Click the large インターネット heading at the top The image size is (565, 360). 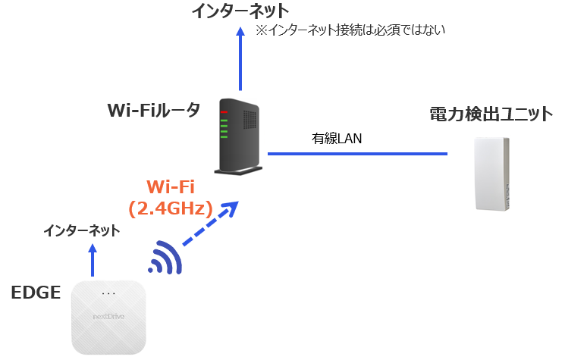(240, 11)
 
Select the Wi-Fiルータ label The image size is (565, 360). (154, 111)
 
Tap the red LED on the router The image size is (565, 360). (224, 112)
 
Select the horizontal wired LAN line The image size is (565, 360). (356, 154)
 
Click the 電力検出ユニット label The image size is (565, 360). (491, 114)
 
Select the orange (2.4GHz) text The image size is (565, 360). (171, 208)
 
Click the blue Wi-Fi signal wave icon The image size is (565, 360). (166, 258)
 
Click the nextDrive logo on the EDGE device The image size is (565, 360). (108, 312)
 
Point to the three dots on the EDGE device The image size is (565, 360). (108, 293)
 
